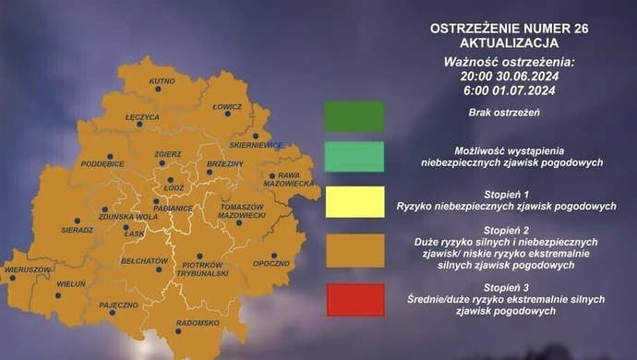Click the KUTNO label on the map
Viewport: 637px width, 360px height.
(x=162, y=82)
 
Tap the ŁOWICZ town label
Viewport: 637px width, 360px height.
(x=227, y=107)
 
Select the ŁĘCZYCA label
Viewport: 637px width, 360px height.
(x=142, y=118)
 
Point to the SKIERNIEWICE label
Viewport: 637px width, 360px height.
(x=256, y=145)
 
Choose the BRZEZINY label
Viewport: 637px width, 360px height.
(x=225, y=163)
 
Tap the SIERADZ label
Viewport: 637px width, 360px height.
(x=77, y=230)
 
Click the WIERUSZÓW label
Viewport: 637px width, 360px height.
(x=27, y=270)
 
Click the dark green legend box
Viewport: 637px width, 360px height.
(x=354, y=116)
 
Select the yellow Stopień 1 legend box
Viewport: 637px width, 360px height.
(x=354, y=201)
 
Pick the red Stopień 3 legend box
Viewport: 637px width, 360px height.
(x=354, y=300)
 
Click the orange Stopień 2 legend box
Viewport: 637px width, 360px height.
(x=354, y=250)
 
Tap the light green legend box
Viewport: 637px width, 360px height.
(x=354, y=156)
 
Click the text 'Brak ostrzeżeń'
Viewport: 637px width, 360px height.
(x=503, y=113)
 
